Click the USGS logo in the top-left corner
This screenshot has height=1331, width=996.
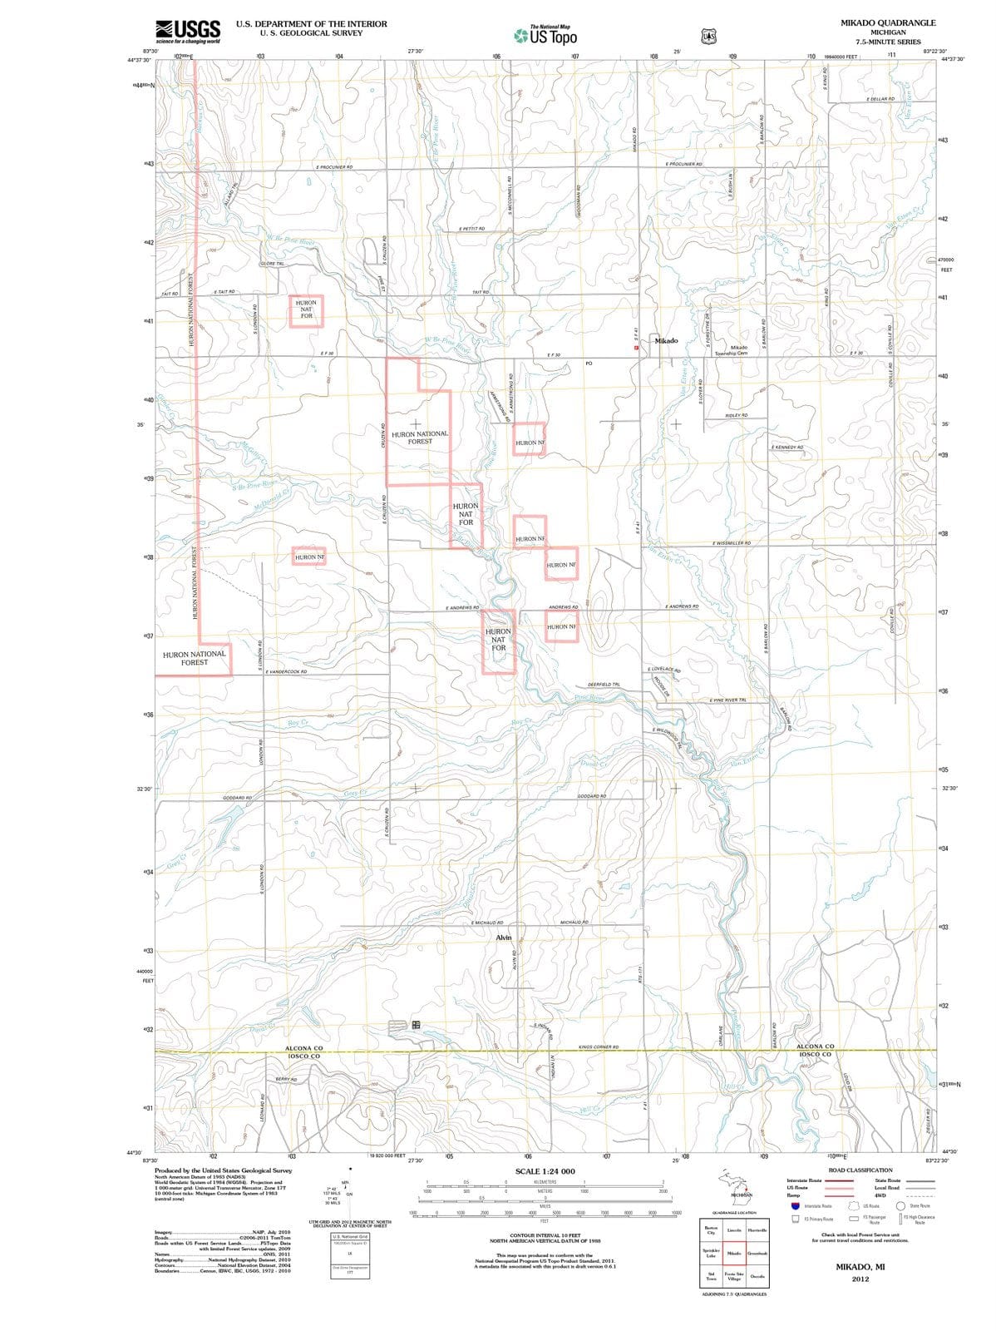(x=189, y=31)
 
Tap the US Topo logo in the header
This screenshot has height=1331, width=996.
(x=545, y=36)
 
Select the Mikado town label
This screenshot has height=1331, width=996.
(x=666, y=340)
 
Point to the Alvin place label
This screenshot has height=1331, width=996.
(x=504, y=938)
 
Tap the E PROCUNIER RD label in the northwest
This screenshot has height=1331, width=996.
(x=334, y=167)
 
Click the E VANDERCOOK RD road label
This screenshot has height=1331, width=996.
(x=287, y=671)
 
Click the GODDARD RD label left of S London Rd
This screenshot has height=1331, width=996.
(x=237, y=797)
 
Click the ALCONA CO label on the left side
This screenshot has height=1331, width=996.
(x=303, y=1048)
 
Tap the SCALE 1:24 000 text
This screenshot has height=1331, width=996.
(x=545, y=1171)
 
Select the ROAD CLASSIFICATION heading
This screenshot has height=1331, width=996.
(x=860, y=1170)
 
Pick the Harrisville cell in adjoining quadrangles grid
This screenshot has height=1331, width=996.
(x=757, y=1230)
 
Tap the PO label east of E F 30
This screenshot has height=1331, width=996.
(x=589, y=364)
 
